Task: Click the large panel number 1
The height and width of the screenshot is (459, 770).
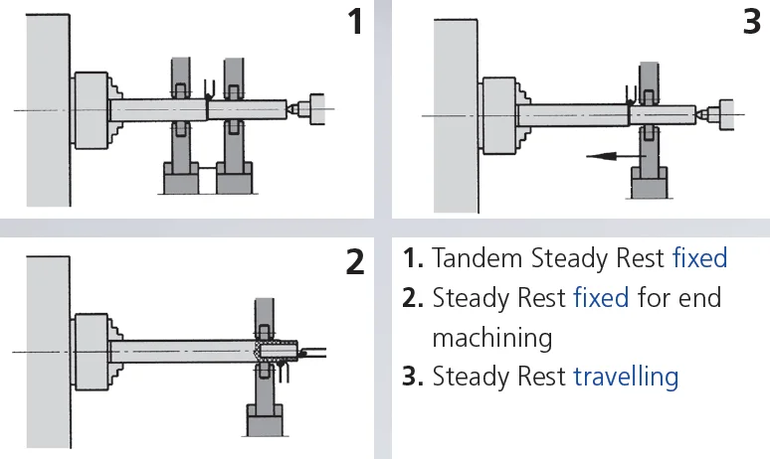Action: pyautogui.click(x=354, y=23)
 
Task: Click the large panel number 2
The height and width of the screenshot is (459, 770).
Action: pyautogui.click(x=355, y=262)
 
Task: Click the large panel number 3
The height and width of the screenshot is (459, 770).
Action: pyautogui.click(x=751, y=22)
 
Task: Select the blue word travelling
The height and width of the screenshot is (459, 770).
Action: pyautogui.click(x=626, y=377)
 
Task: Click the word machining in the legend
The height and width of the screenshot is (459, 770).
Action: pyautogui.click(x=491, y=337)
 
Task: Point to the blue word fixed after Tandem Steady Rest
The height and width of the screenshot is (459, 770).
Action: pyautogui.click(x=700, y=259)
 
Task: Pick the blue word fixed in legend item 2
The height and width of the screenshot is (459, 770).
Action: pyautogui.click(x=601, y=298)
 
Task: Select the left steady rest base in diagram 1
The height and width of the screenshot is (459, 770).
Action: pyautogui.click(x=181, y=180)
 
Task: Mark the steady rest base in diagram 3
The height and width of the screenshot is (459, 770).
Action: pyautogui.click(x=649, y=185)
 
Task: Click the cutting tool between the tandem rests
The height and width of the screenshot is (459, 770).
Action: pyautogui.click(x=207, y=91)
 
